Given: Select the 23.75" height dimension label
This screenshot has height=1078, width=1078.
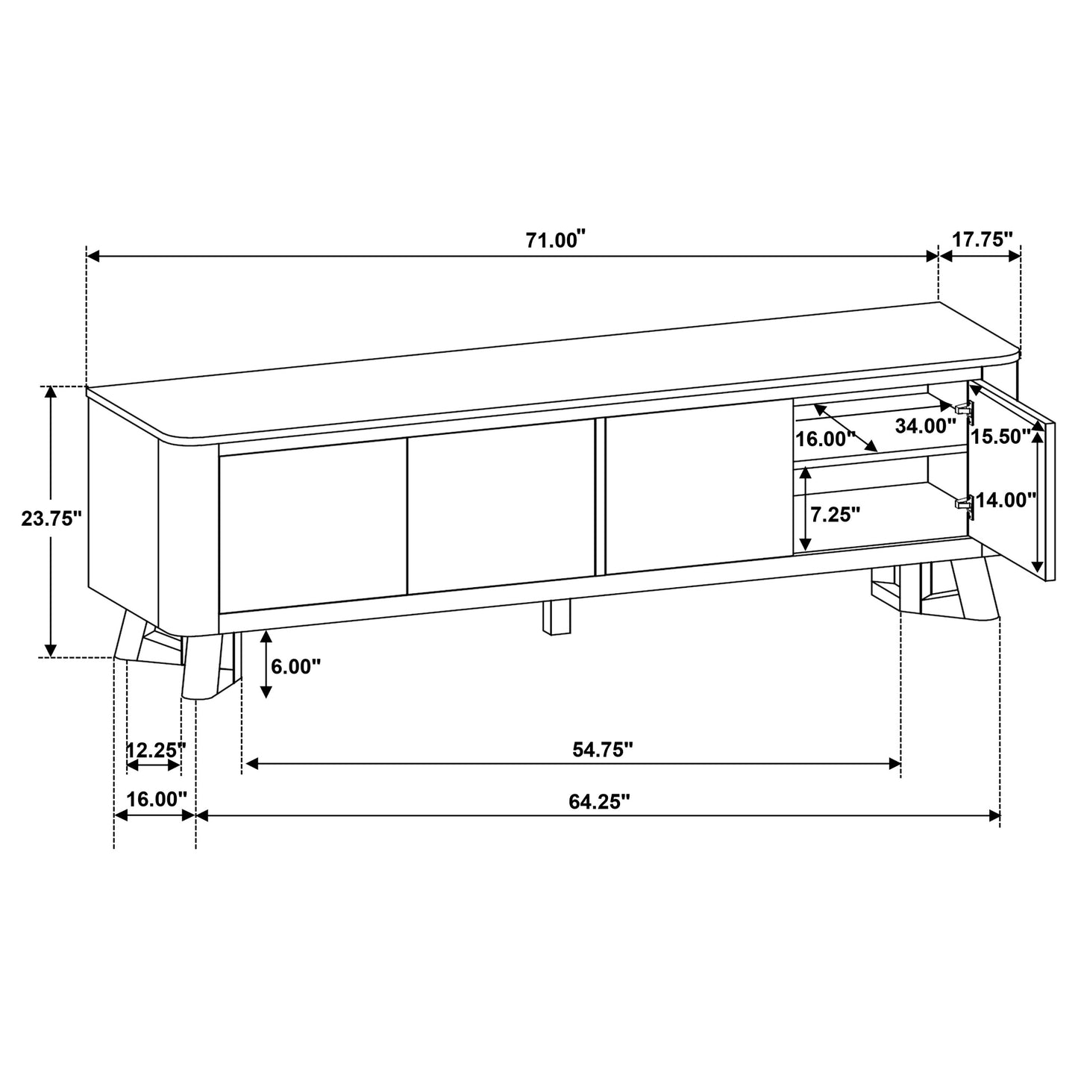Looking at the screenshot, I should [x=51, y=519].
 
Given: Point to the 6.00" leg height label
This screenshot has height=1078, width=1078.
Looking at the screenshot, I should [x=295, y=666].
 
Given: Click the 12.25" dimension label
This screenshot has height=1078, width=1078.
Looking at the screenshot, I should [x=154, y=750].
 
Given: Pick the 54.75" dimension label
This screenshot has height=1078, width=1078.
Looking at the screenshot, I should [x=603, y=750].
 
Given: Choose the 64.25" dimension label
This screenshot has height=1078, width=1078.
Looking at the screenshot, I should [x=599, y=801].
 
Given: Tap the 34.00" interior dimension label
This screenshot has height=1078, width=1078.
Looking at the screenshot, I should [x=925, y=426].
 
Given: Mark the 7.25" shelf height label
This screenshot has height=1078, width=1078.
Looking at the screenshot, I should [x=835, y=514].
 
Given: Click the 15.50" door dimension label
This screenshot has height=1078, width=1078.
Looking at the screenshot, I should [x=1001, y=436].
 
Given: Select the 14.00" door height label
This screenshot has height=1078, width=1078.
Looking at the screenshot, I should [x=1006, y=500].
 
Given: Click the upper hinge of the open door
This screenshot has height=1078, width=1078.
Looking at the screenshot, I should [x=965, y=408].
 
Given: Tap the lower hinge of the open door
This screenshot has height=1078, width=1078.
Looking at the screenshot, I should [x=965, y=504].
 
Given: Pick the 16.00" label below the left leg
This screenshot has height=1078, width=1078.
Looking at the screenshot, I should [x=156, y=799].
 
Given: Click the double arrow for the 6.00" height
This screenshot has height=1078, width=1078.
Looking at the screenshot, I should [x=266, y=664].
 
